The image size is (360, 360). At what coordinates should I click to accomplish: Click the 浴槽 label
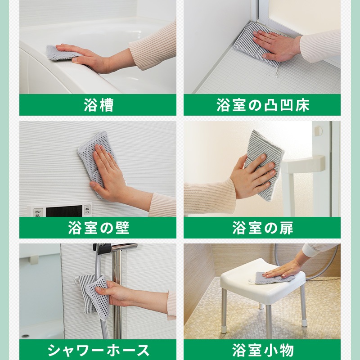tap(99, 105)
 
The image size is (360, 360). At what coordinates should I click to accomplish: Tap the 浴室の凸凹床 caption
tap(263, 105)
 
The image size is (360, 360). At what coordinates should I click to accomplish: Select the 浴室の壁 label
tap(99, 228)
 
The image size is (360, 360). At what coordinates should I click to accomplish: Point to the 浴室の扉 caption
tap(263, 228)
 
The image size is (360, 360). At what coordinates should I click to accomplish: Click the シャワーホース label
tap(99, 351)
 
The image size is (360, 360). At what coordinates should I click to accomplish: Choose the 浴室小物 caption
tap(263, 351)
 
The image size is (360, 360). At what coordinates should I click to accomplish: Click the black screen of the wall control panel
tap(64, 211)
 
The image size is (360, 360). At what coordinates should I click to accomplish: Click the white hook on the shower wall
tap(75, 280)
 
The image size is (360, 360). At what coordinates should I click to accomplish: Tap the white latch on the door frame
tap(318, 130)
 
